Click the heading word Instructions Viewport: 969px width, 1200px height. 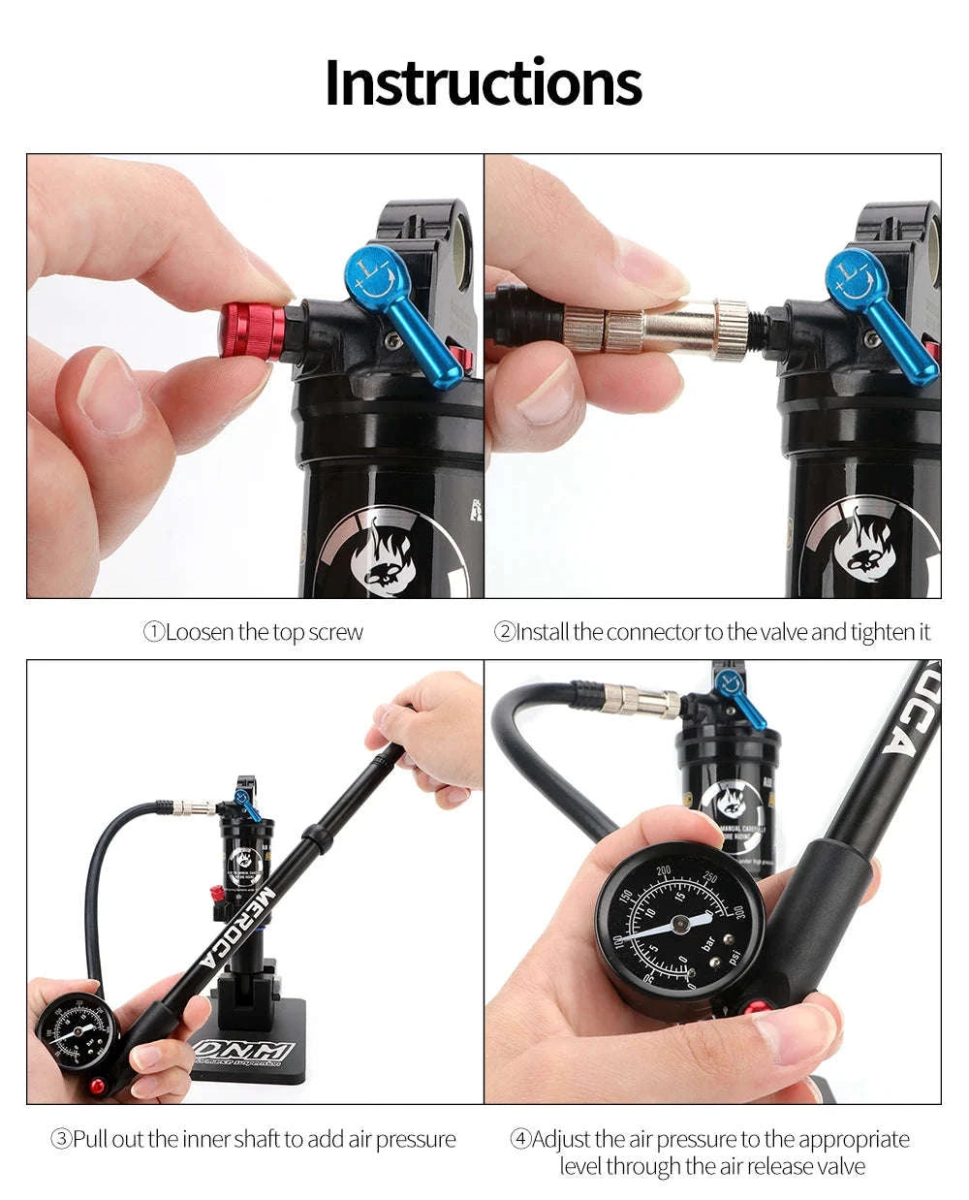[483, 83]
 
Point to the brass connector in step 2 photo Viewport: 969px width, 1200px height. [659, 328]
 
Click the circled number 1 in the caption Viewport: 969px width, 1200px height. [154, 633]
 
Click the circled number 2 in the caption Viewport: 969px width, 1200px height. [504, 633]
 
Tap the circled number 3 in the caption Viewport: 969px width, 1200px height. [61, 1139]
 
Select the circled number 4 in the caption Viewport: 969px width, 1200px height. [520, 1139]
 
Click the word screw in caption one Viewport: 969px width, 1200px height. [335, 633]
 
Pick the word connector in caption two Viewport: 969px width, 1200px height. [653, 633]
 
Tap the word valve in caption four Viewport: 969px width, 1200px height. [837, 1166]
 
